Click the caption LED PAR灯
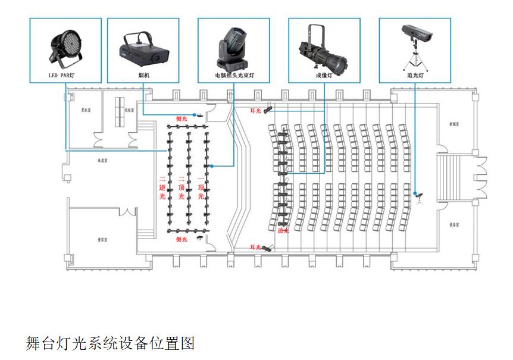65,76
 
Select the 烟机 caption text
143,76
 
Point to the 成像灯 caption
324,76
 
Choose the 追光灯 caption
415,76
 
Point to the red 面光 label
283,230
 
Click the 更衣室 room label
86,109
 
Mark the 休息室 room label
102,161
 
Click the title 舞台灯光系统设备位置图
110,343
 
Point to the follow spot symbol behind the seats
420,195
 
